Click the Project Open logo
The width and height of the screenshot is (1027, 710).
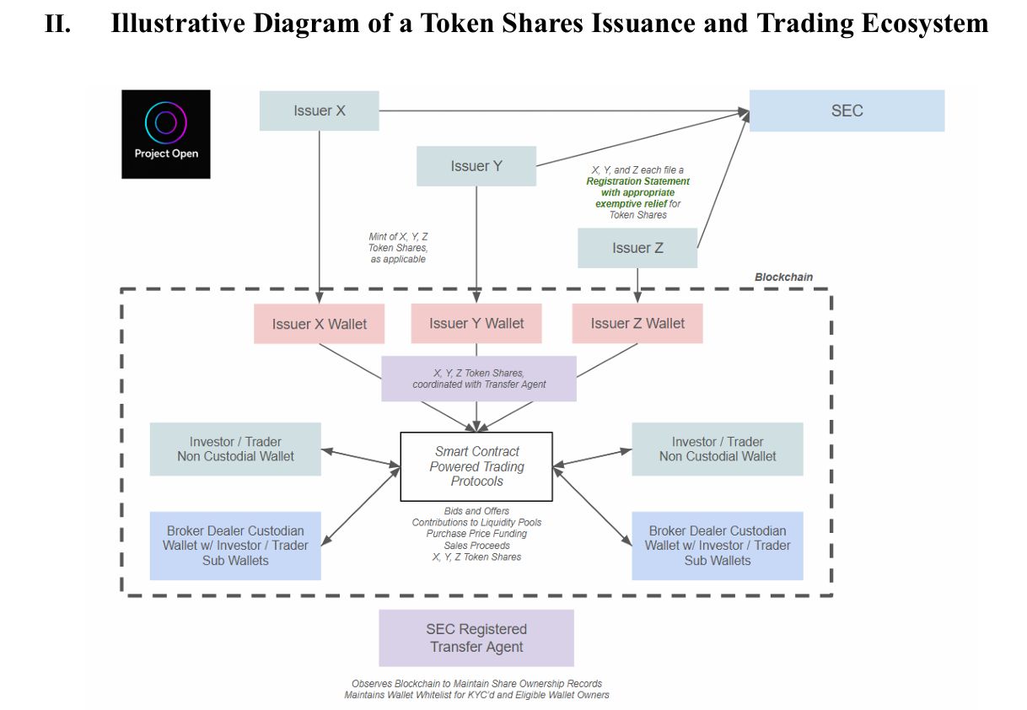(x=166, y=133)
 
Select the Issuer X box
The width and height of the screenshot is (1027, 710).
(x=319, y=110)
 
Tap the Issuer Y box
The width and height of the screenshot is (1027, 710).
(x=476, y=166)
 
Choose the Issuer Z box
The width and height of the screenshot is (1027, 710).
(x=637, y=248)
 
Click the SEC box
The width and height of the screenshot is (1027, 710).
(x=847, y=110)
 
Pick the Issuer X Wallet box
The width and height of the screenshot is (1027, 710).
(x=319, y=325)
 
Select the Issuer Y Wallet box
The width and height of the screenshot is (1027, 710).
(x=476, y=324)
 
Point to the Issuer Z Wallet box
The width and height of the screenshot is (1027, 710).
(x=637, y=324)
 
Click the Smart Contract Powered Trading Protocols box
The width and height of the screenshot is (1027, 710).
(x=476, y=466)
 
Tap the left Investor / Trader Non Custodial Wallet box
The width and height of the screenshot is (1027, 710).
(x=235, y=449)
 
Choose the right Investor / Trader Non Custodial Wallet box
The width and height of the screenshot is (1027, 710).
(x=718, y=449)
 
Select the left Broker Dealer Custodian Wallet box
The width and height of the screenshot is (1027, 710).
(x=235, y=546)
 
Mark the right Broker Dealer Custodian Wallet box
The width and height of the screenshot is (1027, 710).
(x=718, y=546)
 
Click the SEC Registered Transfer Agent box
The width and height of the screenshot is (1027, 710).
(x=476, y=638)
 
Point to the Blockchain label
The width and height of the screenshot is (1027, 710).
(x=783, y=277)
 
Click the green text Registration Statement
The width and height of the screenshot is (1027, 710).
(x=638, y=181)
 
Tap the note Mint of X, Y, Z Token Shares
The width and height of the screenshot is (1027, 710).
(x=398, y=248)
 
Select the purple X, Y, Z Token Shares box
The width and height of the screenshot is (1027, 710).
(x=479, y=379)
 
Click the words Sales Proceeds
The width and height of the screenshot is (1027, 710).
(x=476, y=546)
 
